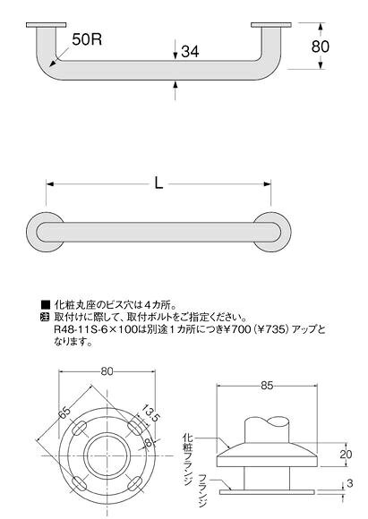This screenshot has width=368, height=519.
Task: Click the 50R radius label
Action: click(87, 39)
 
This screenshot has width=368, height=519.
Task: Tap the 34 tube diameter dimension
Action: click(190, 52)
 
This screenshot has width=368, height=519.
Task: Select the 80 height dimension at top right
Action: click(321, 47)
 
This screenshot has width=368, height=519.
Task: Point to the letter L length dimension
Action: click(159, 183)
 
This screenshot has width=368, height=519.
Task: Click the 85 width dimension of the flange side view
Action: click(267, 386)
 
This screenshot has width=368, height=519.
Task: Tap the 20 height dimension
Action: click(346, 455)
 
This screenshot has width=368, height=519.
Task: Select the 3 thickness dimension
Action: click(350, 484)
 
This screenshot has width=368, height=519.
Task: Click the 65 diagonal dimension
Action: click(65, 413)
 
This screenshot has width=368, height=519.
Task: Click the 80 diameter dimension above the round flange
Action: click(107, 371)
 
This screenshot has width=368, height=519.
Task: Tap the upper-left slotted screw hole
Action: click(80, 429)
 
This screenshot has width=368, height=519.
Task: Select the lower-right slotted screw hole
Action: click(135, 483)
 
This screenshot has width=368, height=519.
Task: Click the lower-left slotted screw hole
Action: click(80, 483)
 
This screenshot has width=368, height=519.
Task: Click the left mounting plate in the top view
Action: click(46, 25)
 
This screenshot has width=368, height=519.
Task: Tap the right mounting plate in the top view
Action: click(271, 25)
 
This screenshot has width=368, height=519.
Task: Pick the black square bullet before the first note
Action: click(45, 304)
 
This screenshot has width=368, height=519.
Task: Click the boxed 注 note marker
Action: click(45, 317)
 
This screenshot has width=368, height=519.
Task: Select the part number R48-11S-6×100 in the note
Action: click(95, 329)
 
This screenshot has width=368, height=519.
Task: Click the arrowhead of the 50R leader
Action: click(52, 64)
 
